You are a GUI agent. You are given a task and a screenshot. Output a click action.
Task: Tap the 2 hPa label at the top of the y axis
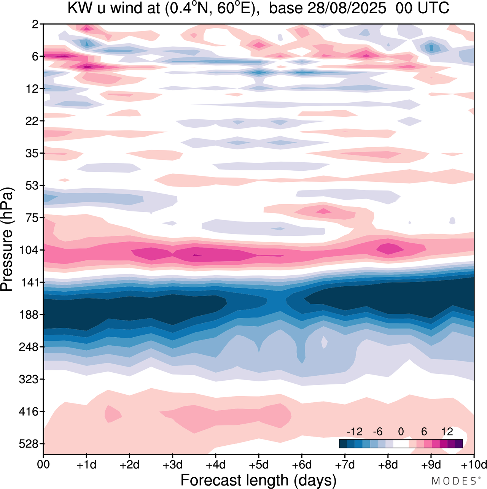coord(35,24)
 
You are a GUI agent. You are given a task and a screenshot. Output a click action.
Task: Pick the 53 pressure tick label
coord(32,186)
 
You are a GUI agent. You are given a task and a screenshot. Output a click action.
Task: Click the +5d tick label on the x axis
coord(259,465)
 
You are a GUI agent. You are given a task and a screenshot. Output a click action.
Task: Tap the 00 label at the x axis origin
coord(44,465)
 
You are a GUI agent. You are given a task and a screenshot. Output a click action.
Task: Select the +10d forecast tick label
coord(474,465)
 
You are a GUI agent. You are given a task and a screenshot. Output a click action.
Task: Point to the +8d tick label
coord(388,465)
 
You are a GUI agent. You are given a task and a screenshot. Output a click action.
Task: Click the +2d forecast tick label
coord(130,465)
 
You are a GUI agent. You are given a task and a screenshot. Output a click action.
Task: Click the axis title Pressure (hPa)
coord(7,240)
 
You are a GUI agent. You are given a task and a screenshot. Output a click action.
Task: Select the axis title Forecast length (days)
coord(258,480)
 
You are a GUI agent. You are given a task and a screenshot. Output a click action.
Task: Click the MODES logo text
coord(454,481)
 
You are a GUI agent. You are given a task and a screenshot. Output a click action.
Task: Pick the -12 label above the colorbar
coord(354,432)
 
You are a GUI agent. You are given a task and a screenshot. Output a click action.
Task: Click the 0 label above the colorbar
coord(401,432)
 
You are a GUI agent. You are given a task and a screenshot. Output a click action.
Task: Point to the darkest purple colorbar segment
coord(459,443)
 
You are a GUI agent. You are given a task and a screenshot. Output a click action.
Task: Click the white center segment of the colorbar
coord(401,443)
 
